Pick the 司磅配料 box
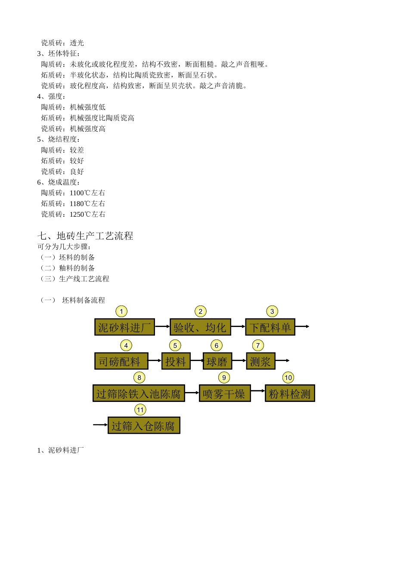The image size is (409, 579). tap(121, 361)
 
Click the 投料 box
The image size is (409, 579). tap(176, 361)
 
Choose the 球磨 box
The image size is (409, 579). tap(217, 361)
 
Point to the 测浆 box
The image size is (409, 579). tap(260, 361)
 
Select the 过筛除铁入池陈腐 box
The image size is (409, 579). tap(139, 393)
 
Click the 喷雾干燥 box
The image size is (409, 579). tap(224, 393)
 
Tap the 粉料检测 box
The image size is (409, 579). tap(290, 393)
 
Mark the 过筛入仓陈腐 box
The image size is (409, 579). tap(144, 426)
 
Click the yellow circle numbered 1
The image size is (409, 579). tap(121, 311)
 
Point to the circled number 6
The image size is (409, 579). tap(217, 346)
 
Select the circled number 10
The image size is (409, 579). tap(288, 378)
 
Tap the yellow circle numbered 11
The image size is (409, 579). tap(140, 410)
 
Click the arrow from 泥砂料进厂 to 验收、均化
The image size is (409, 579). tap(162, 327)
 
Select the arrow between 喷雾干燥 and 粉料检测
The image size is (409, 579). tap(257, 391)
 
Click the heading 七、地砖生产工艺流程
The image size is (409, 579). tap(85, 236)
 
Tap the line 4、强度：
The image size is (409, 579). tap(52, 96)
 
